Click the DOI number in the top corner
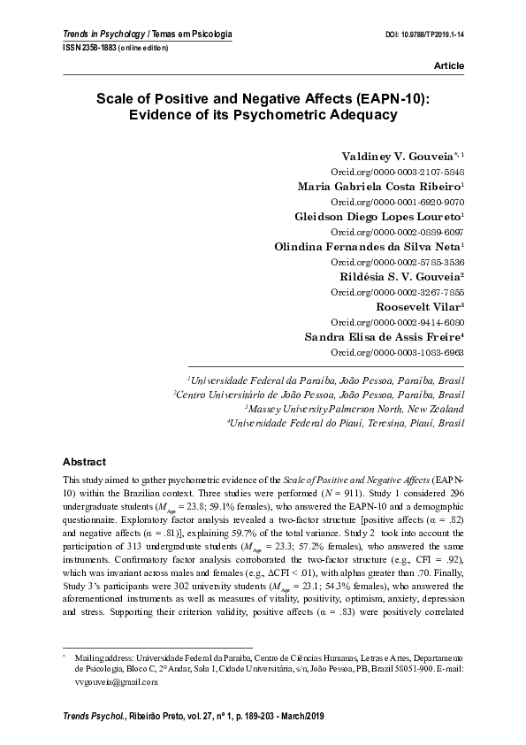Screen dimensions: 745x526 (431, 35)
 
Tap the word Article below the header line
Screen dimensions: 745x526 (449, 67)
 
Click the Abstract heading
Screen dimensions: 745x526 (84, 462)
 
